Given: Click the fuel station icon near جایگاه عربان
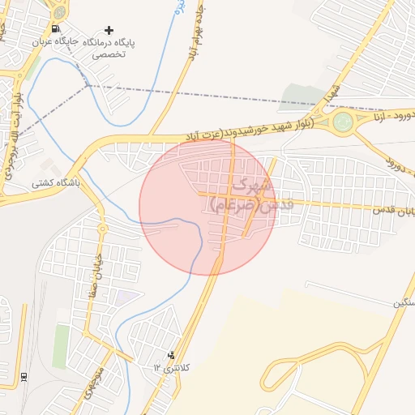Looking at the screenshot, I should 55,29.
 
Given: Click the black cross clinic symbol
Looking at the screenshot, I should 109,30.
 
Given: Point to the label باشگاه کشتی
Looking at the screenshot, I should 55,183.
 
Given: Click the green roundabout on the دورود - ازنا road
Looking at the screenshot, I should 343,122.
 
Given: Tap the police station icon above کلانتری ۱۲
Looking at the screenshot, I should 170,355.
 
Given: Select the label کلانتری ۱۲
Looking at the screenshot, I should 171,368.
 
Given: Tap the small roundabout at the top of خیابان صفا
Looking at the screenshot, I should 102,229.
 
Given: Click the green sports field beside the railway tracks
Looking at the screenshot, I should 61,346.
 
